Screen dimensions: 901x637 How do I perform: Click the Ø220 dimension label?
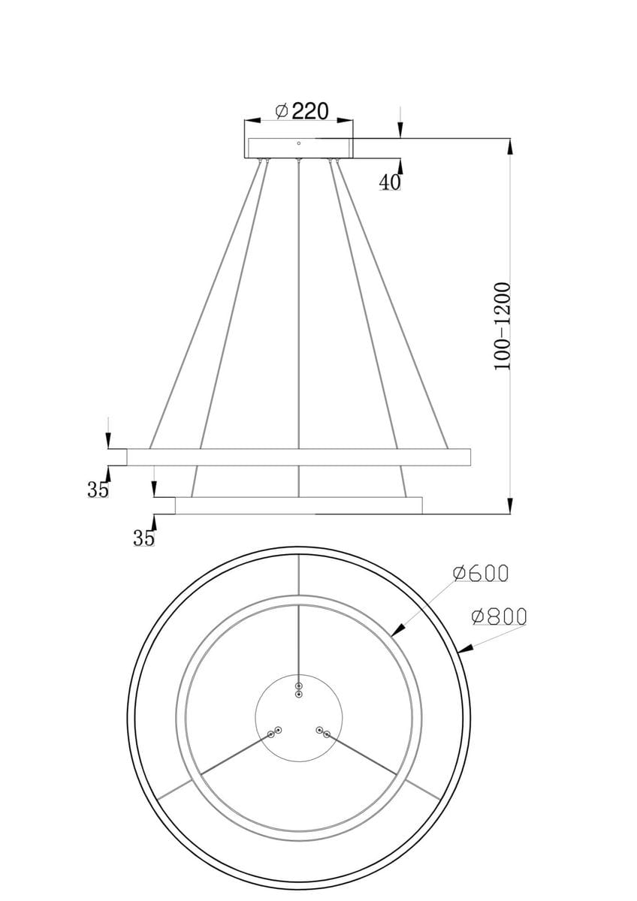point(302,111)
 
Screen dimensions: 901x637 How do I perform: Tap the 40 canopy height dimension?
point(390,182)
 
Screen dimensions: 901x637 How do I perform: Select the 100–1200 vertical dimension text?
point(502,326)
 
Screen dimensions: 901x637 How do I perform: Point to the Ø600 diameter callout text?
point(481,573)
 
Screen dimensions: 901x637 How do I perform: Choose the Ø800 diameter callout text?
point(499,616)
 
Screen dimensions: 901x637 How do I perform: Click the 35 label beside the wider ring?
point(98,490)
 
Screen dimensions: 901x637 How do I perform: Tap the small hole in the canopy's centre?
point(299,143)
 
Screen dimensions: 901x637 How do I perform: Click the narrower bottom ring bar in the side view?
point(299,506)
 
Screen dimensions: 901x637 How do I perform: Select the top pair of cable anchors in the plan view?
point(299,690)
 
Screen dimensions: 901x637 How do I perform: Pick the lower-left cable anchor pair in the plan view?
point(275,732)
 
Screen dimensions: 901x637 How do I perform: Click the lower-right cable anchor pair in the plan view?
point(323,732)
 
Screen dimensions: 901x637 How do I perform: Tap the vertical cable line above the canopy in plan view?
point(299,638)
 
